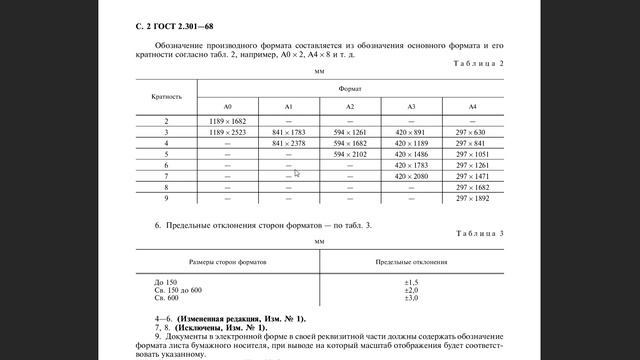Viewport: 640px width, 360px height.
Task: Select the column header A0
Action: click(x=228, y=106)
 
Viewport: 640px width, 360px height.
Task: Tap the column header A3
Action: click(x=410, y=106)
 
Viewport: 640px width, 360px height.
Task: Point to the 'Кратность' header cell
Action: click(x=166, y=97)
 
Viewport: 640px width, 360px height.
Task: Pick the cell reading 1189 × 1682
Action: click(x=228, y=120)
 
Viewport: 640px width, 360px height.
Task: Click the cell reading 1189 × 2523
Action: click(x=228, y=132)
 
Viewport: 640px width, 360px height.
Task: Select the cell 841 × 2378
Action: click(x=289, y=143)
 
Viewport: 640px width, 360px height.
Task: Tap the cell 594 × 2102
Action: click(x=350, y=154)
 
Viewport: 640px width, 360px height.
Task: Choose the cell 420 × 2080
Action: click(x=410, y=176)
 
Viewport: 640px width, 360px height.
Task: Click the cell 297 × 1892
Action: click(x=470, y=198)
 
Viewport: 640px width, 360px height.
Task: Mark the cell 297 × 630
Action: click(x=470, y=132)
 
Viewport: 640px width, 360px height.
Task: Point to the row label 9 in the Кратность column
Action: click(x=166, y=198)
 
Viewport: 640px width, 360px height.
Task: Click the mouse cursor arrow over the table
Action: click(x=296, y=172)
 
